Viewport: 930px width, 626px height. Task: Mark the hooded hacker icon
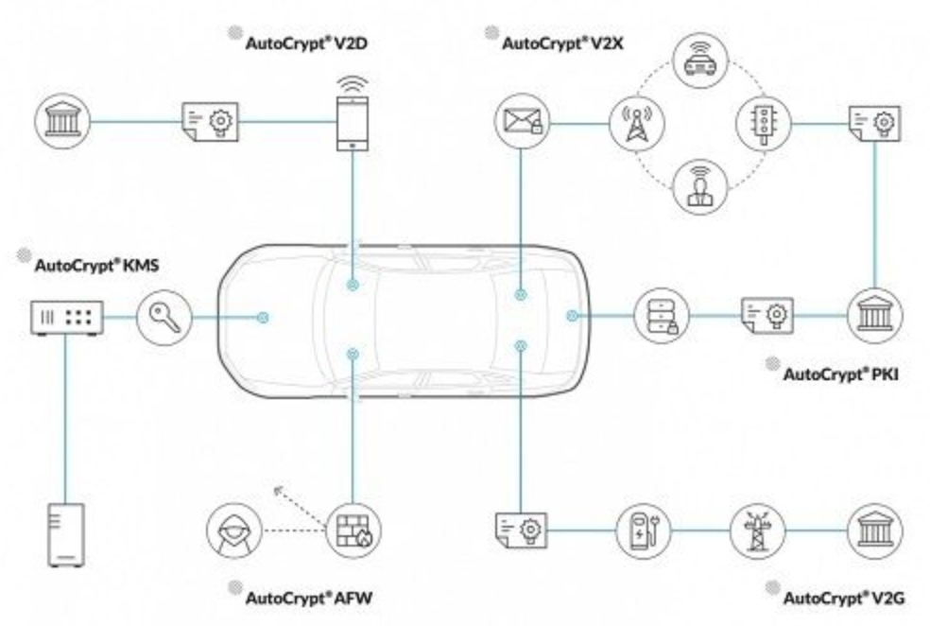point(232,530)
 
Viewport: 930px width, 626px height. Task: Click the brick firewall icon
point(352,530)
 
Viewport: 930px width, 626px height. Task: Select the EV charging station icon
point(642,529)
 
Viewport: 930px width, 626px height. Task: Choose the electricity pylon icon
point(757,529)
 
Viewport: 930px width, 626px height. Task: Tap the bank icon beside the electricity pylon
point(874,529)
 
